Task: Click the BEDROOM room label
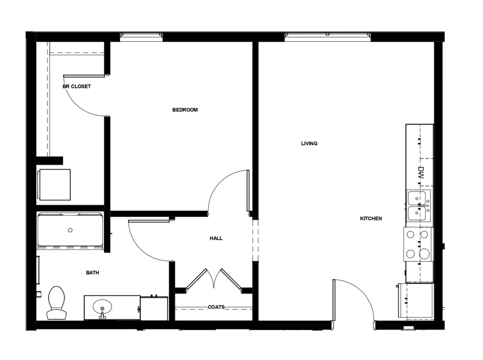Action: [185, 109]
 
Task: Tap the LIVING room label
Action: [309, 143]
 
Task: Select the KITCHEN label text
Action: [371, 218]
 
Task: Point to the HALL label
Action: [216, 238]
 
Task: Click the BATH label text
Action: [92, 273]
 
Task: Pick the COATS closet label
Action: [216, 307]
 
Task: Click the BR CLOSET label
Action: [76, 87]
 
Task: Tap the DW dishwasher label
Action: [421, 173]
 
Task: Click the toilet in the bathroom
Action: [57, 303]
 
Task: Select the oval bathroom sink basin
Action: [102, 307]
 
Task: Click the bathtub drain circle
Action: [70, 230]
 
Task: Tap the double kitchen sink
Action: [418, 206]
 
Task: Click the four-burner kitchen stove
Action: [418, 244]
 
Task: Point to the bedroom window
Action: [141, 37]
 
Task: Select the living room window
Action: [328, 37]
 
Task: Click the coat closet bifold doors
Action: [213, 279]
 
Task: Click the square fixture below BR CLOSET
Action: [54, 184]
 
